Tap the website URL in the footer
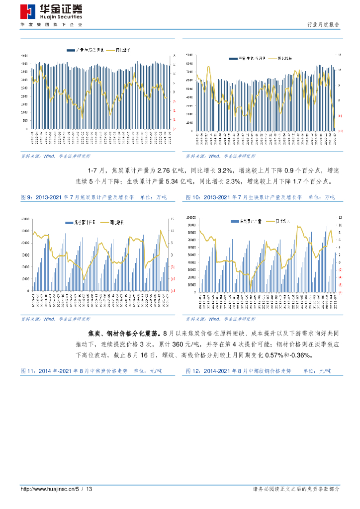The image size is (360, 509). (x=56, y=490)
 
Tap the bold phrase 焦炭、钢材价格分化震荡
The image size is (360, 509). (x=125, y=333)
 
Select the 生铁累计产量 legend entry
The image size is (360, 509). (x=256, y=221)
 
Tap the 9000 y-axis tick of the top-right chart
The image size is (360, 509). (x=188, y=55)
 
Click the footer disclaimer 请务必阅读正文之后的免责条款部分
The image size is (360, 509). (x=296, y=490)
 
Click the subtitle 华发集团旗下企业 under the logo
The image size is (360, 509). (x=51, y=24)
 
